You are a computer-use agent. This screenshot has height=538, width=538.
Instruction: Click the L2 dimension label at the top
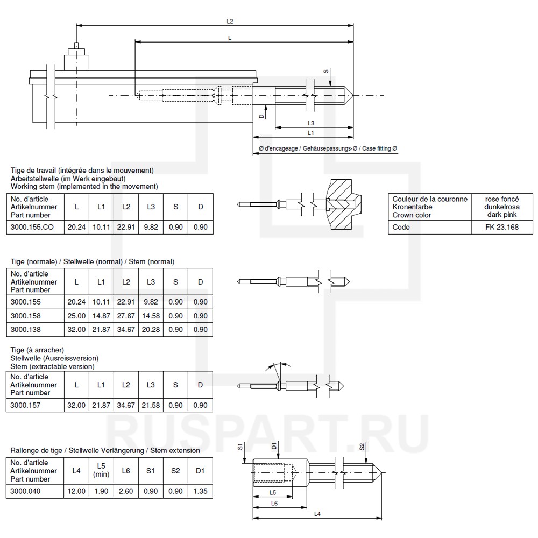(x=230, y=21)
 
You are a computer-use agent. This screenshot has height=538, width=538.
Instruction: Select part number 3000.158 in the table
(x=26, y=316)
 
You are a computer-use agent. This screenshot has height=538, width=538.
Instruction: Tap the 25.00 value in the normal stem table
(x=76, y=316)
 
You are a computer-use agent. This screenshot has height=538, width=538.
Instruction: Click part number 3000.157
(x=26, y=405)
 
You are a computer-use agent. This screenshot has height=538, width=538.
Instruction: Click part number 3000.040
(x=26, y=491)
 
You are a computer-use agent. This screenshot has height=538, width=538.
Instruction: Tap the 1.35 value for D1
(x=200, y=491)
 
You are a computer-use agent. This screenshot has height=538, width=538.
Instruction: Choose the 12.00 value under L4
(x=76, y=491)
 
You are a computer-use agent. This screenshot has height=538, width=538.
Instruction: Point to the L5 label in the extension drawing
(x=273, y=492)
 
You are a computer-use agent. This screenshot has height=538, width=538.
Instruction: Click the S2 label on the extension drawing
(x=362, y=446)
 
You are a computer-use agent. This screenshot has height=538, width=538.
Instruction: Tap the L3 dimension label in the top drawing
(x=311, y=123)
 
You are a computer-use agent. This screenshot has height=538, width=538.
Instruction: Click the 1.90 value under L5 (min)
(x=101, y=491)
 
